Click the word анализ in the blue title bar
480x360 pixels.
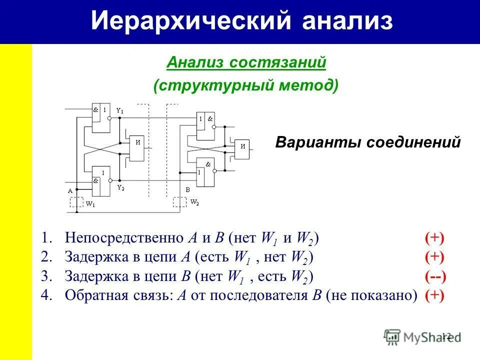[x=347, y=21]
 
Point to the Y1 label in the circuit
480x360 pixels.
[x=120, y=110]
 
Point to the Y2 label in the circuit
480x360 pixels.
[x=120, y=187]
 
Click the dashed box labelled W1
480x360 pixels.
[x=76, y=202]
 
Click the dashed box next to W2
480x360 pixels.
[x=179, y=202]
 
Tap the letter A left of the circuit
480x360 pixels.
[x=70, y=190]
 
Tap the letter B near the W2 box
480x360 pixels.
[x=187, y=190]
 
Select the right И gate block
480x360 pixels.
[x=242, y=148]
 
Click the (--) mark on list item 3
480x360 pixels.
[x=435, y=276]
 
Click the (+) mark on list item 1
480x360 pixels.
[x=434, y=238]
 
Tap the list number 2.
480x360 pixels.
[x=46, y=257]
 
